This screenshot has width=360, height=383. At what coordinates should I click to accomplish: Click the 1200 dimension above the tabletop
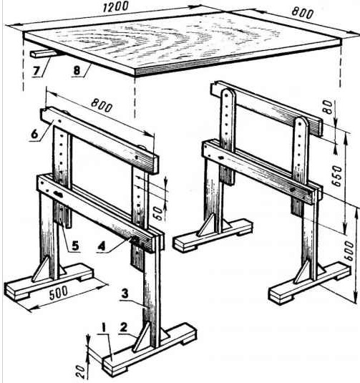[115, 6]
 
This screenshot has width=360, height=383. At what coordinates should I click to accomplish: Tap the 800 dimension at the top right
[303, 13]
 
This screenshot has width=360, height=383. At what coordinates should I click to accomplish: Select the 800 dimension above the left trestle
[102, 105]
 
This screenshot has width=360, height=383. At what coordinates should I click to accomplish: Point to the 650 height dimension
[338, 176]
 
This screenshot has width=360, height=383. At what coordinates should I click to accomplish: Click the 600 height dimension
[349, 251]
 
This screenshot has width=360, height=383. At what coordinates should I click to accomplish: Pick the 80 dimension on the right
[328, 107]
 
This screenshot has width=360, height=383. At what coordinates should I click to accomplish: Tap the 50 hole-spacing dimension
[158, 213]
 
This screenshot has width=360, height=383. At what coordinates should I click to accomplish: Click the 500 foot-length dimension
[59, 293]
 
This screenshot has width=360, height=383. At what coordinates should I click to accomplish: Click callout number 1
[104, 328]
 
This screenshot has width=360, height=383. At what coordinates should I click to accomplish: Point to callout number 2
[124, 328]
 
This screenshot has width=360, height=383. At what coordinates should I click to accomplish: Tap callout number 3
[125, 294]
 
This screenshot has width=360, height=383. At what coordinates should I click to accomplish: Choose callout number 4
[102, 246]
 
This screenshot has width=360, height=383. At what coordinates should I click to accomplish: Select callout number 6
[34, 134]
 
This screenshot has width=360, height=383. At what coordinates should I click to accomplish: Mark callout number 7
[37, 71]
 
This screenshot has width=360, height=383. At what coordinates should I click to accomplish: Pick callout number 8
[77, 71]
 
